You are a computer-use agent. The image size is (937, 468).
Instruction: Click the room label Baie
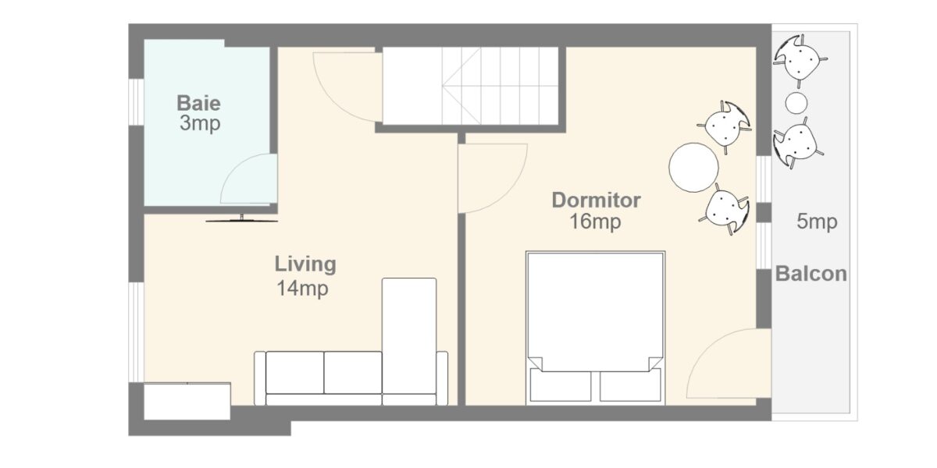pyautogui.click(x=198, y=102)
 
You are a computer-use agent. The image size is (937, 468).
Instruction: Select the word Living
pyautogui.click(x=305, y=264)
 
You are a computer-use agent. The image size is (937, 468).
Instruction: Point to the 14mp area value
pyautogui.click(x=301, y=289)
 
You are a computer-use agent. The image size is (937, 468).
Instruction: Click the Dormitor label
pyautogui.click(x=596, y=200)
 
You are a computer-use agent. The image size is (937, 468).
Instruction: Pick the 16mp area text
pyautogui.click(x=595, y=222)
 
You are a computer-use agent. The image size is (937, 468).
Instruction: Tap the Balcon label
pyautogui.click(x=811, y=275)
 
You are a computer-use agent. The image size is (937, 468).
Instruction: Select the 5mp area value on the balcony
pyautogui.click(x=816, y=222)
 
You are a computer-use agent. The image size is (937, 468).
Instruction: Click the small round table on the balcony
pyautogui.click(x=796, y=102)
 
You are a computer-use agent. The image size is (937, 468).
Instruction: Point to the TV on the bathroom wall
pyautogui.click(x=242, y=218)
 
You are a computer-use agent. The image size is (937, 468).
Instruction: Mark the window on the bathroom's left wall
pyautogui.click(x=136, y=101)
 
